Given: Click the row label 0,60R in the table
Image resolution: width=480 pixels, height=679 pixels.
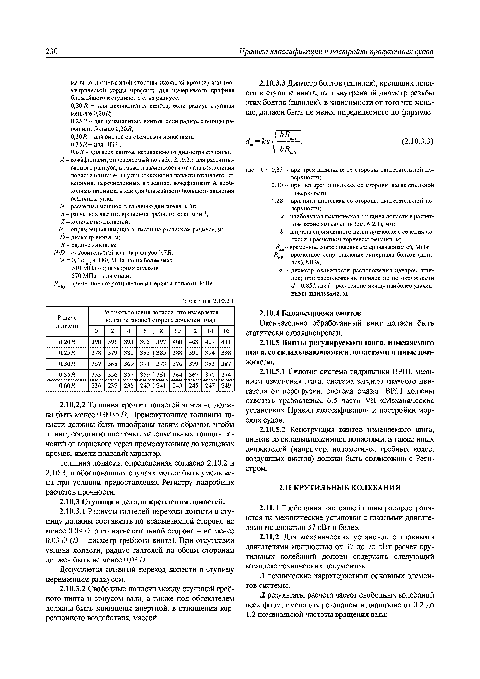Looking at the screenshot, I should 67,386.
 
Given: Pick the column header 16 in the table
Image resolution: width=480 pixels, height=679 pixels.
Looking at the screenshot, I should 226,331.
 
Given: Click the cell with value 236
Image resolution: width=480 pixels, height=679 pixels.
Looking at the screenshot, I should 96,386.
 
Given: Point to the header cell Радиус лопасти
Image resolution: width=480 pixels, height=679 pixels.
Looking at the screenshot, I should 67,321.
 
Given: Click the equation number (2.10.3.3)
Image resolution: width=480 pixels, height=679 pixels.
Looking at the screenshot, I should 417,142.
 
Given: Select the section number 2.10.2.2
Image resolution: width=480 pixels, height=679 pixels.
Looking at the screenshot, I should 73,405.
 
